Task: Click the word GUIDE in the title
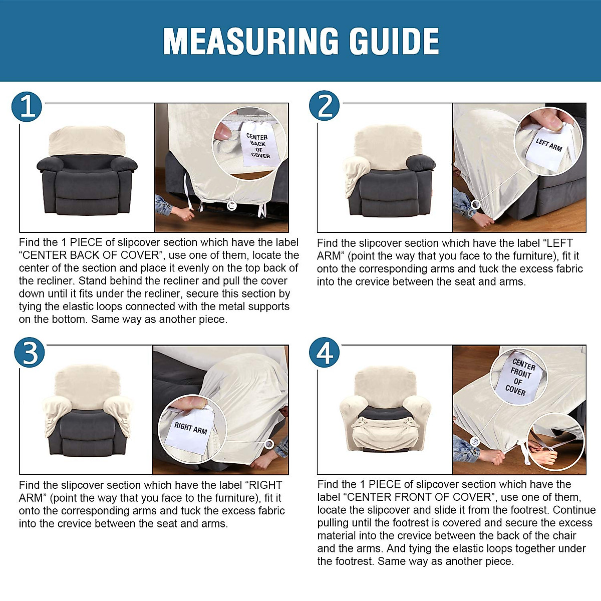(x=394, y=41)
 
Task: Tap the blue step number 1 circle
(x=27, y=107)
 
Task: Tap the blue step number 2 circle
(x=325, y=105)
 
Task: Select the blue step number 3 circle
(x=30, y=352)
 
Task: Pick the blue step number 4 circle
(x=325, y=352)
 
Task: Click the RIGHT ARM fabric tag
(x=190, y=430)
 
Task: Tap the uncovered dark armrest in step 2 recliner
(x=421, y=163)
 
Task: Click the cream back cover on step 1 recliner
(x=87, y=141)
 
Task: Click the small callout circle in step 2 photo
(x=476, y=205)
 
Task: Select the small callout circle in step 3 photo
(x=269, y=444)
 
